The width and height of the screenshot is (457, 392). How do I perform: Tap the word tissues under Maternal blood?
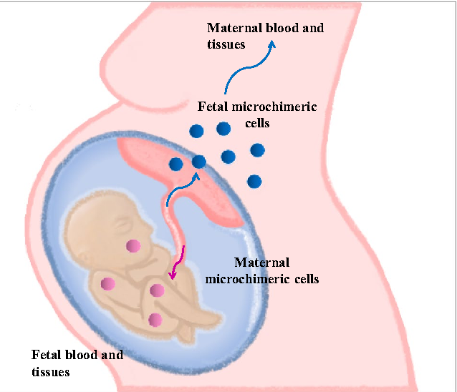(x=226, y=44)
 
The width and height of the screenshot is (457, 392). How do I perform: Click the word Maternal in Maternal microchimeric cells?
(x=262, y=263)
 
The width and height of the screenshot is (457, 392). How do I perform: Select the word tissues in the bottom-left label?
(x=50, y=372)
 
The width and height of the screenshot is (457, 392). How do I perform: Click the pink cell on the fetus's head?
(x=133, y=246)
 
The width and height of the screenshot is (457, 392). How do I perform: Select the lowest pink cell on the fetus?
(x=154, y=320)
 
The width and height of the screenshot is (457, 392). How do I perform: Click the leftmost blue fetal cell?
(x=175, y=165)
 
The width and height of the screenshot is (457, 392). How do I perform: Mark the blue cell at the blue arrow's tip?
(x=199, y=162)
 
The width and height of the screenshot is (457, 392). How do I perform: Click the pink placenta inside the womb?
(x=215, y=179)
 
